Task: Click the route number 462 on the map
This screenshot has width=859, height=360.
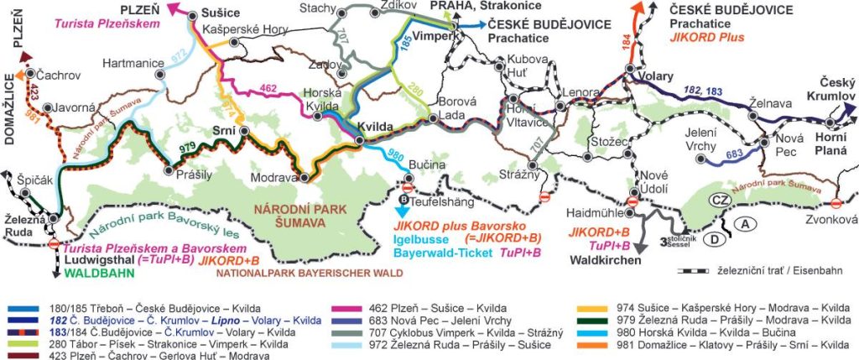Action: click(x=268, y=86)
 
